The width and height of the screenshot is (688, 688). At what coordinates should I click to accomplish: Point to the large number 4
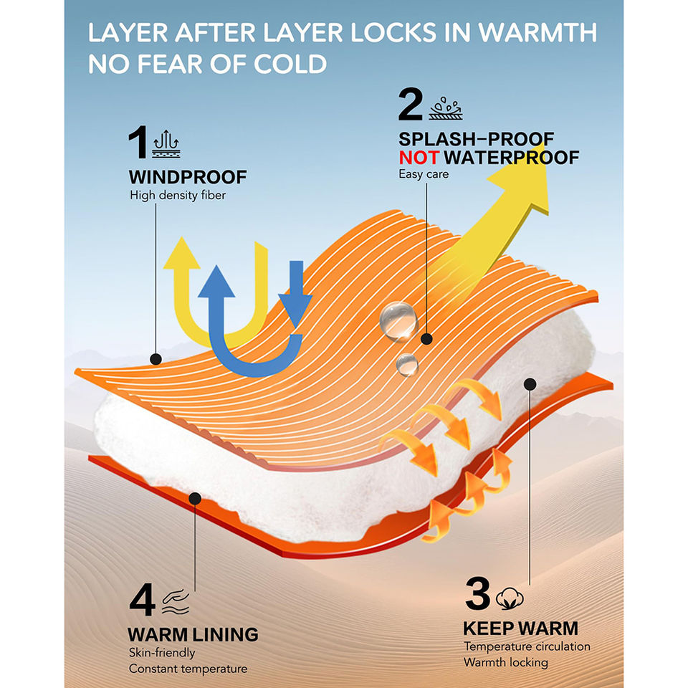(143, 601)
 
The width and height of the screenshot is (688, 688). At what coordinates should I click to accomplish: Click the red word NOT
(418, 158)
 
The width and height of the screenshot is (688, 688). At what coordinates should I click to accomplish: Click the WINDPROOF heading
(188, 177)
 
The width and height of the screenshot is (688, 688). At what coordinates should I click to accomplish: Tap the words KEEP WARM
(520, 629)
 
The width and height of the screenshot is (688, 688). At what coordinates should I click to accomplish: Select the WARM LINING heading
(193, 634)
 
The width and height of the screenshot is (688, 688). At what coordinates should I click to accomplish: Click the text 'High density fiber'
(178, 195)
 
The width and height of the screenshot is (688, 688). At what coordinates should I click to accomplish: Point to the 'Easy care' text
(424, 174)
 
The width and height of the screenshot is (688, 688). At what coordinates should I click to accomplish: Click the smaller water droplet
(407, 363)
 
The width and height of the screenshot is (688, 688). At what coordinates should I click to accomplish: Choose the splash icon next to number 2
(444, 108)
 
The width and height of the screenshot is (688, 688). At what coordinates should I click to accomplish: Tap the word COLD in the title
(290, 64)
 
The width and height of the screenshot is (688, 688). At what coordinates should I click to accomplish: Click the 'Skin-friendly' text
(162, 653)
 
